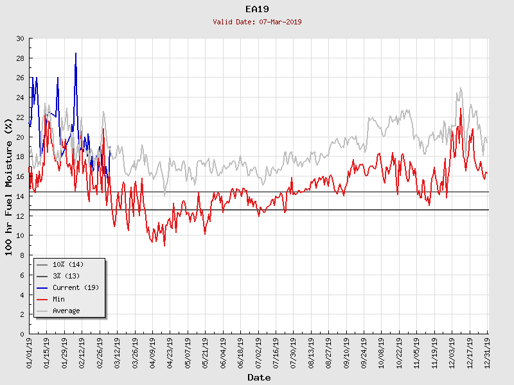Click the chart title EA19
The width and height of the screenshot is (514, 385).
257,9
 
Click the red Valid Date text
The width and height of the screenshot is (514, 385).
257,22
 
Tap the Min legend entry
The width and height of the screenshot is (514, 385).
59,299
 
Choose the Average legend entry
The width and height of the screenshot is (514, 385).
66,311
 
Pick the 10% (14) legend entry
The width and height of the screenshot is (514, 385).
68,264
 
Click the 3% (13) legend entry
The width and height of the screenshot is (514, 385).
66,276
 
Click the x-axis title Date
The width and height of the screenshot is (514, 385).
259,377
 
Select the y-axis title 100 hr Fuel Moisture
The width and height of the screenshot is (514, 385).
9,186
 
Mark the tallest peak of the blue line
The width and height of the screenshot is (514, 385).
76,53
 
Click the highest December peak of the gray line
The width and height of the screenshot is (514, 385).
461,88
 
